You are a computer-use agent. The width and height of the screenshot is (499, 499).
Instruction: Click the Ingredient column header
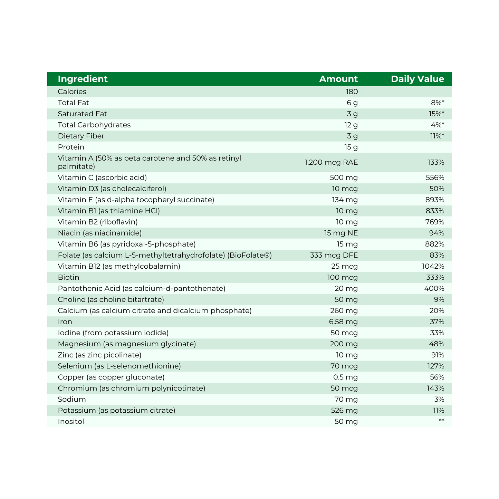pyautogui.click(x=83, y=79)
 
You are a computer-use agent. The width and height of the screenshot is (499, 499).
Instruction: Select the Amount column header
pyautogui.click(x=338, y=79)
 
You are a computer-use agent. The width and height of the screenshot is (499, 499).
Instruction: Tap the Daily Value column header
pyautogui.click(x=418, y=79)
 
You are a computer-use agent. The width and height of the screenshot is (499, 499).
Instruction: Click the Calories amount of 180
pyautogui.click(x=352, y=92)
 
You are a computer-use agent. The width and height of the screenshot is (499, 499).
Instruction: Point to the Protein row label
pyautogui.click(x=71, y=147)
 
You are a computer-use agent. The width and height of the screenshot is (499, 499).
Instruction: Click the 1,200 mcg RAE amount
pyautogui.click(x=331, y=162)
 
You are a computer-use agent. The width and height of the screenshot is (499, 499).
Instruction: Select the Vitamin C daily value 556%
pyautogui.click(x=435, y=178)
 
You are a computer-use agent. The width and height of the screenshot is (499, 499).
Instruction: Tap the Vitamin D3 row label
pyautogui.click(x=112, y=189)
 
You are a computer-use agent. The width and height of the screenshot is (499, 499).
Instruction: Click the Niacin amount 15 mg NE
pyautogui.click(x=341, y=233)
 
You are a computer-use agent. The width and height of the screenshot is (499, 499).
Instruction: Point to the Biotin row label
pyautogui.click(x=69, y=277)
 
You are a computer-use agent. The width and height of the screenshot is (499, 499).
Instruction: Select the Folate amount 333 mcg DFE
pyautogui.click(x=334, y=256)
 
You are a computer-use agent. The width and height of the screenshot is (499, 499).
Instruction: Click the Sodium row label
pyautogui.click(x=72, y=400)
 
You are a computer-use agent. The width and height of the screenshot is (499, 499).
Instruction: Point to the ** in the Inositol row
pyautogui.click(x=441, y=421)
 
